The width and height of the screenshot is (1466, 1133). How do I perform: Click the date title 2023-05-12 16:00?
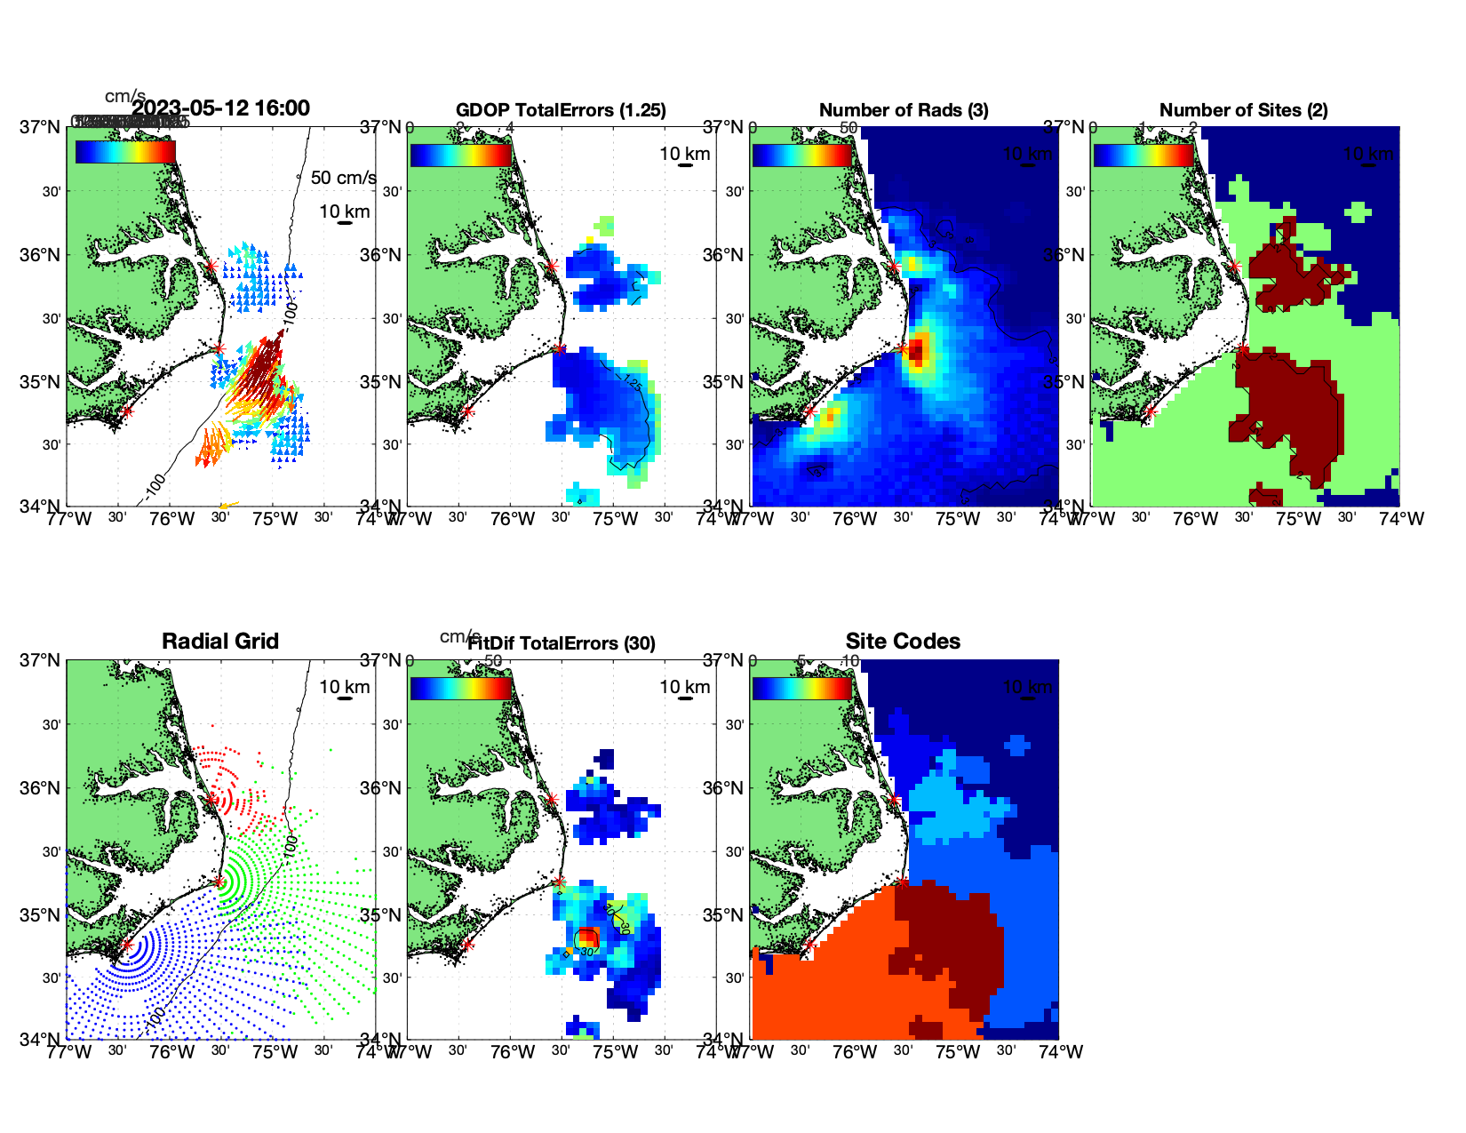tap(220, 108)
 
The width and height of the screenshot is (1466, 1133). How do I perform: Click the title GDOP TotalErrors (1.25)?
tap(561, 110)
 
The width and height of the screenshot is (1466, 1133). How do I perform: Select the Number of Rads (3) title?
tap(904, 110)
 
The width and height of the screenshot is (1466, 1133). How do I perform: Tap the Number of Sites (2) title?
tap(1243, 110)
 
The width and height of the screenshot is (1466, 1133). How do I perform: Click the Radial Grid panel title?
tap(220, 642)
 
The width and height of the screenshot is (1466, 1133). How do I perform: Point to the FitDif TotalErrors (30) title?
tap(562, 643)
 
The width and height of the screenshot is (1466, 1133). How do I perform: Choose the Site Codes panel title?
tap(903, 642)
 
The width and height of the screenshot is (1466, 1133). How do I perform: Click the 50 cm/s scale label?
tap(343, 178)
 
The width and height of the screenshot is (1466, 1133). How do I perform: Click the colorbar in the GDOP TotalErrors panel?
tap(460, 154)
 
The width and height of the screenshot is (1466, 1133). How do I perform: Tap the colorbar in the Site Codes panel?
tap(801, 688)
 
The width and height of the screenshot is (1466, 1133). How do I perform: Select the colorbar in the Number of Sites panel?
tap(1143, 154)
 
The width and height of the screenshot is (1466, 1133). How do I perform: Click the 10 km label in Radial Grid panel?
tap(345, 687)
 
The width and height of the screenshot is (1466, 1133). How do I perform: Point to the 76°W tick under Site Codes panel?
tap(855, 1052)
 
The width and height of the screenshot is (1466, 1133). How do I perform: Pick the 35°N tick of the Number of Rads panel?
tap(725, 382)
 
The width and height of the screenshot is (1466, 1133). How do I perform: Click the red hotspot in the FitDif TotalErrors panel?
tap(587, 938)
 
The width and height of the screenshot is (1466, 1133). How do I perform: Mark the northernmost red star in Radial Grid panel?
tap(211, 800)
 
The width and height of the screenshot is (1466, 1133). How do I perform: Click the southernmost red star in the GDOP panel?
tap(467, 411)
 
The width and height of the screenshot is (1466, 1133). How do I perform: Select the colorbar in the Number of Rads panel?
tap(801, 154)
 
